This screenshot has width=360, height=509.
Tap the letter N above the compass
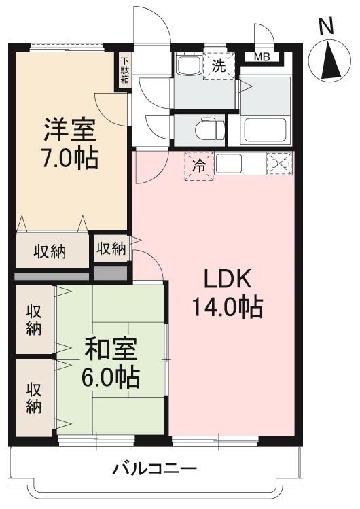coord(326,26)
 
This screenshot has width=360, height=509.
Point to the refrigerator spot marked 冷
coord(199,166)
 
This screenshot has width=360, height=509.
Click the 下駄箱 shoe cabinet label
coord(125,70)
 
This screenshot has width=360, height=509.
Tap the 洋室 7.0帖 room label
coord(70,143)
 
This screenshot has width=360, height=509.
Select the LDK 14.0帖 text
coord(228,293)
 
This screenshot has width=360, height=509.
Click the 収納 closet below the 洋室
coord(50,251)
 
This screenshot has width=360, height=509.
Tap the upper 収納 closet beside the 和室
coord(33,319)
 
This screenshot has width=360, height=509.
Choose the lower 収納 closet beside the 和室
coord(33,398)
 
